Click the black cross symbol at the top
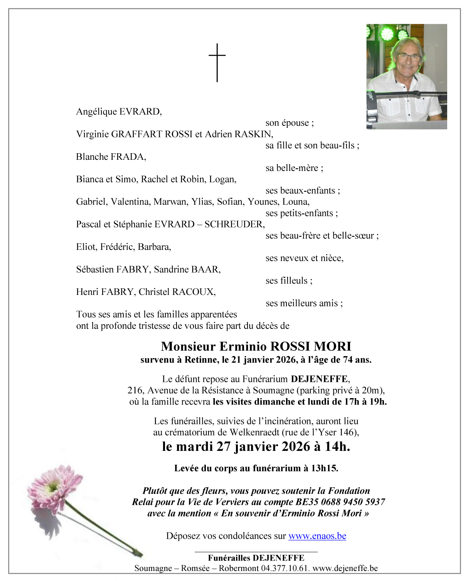click(217, 62)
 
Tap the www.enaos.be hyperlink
click(317, 536)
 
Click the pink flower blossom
click(52, 486)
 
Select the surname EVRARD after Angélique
click(140, 112)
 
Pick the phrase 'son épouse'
click(289, 123)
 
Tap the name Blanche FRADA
click(111, 157)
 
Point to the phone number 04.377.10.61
click(285, 568)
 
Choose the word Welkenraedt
click(254, 432)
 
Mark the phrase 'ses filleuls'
click(288, 281)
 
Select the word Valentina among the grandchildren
click(131, 202)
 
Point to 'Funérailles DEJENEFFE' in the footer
click(256, 558)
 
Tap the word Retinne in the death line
click(200, 360)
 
